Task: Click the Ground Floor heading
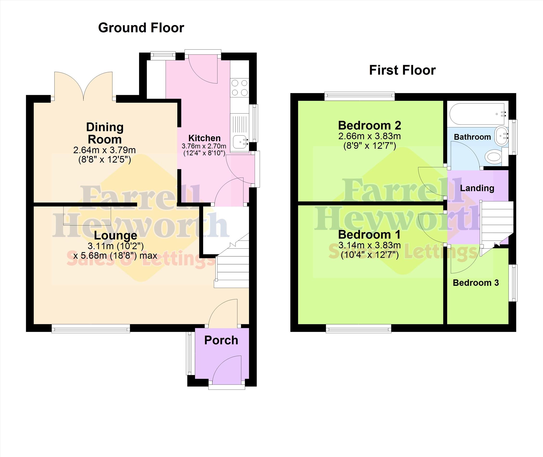point(141,28)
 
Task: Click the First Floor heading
point(402,70)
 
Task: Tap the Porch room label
point(221,340)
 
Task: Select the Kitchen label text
point(204,138)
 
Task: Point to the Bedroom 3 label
point(476,283)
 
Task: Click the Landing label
point(477,188)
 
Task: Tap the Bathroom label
point(472,137)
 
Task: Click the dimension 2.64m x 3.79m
point(104,150)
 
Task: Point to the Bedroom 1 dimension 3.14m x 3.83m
point(369,245)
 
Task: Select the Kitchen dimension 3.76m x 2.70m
point(204,146)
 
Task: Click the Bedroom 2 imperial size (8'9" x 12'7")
point(369,146)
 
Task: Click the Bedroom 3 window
point(513,283)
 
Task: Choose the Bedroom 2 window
point(360,96)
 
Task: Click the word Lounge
point(116,236)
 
